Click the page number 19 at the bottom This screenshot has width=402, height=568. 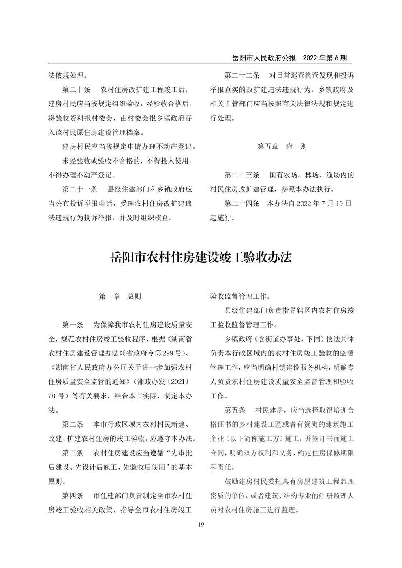pyautogui.click(x=201, y=525)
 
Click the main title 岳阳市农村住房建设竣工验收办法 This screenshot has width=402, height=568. pyautogui.click(x=201, y=257)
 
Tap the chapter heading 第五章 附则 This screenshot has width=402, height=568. pyautogui.click(x=282, y=147)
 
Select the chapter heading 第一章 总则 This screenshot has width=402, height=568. pyautogui.click(x=120, y=296)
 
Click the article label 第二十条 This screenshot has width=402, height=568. pyautogui.click(x=77, y=89)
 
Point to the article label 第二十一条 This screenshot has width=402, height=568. pyautogui.click(x=80, y=189)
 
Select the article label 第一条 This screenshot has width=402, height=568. pyautogui.click(x=73, y=325)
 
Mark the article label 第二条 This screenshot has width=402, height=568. pyautogui.click(x=73, y=424)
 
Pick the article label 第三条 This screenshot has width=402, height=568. pyautogui.click(x=73, y=453)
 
